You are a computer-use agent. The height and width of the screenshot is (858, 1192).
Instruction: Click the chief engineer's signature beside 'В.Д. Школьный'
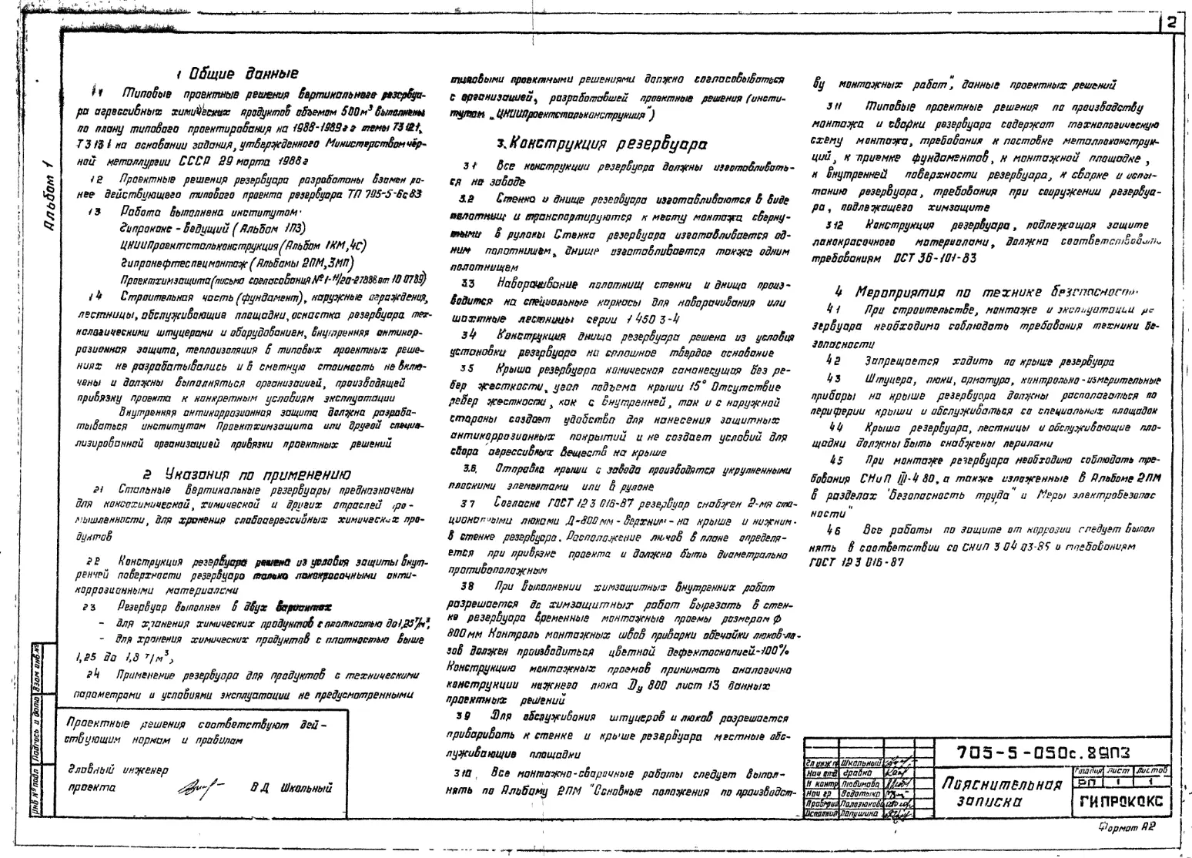coord(203,787)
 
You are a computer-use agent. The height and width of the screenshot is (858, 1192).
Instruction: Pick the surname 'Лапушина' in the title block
coord(859,813)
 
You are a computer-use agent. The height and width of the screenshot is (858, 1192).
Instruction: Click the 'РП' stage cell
coord(1085,782)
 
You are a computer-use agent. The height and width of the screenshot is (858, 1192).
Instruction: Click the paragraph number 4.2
coord(832,360)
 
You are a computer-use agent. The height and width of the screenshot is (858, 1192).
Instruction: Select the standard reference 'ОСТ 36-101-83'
coord(935,258)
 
